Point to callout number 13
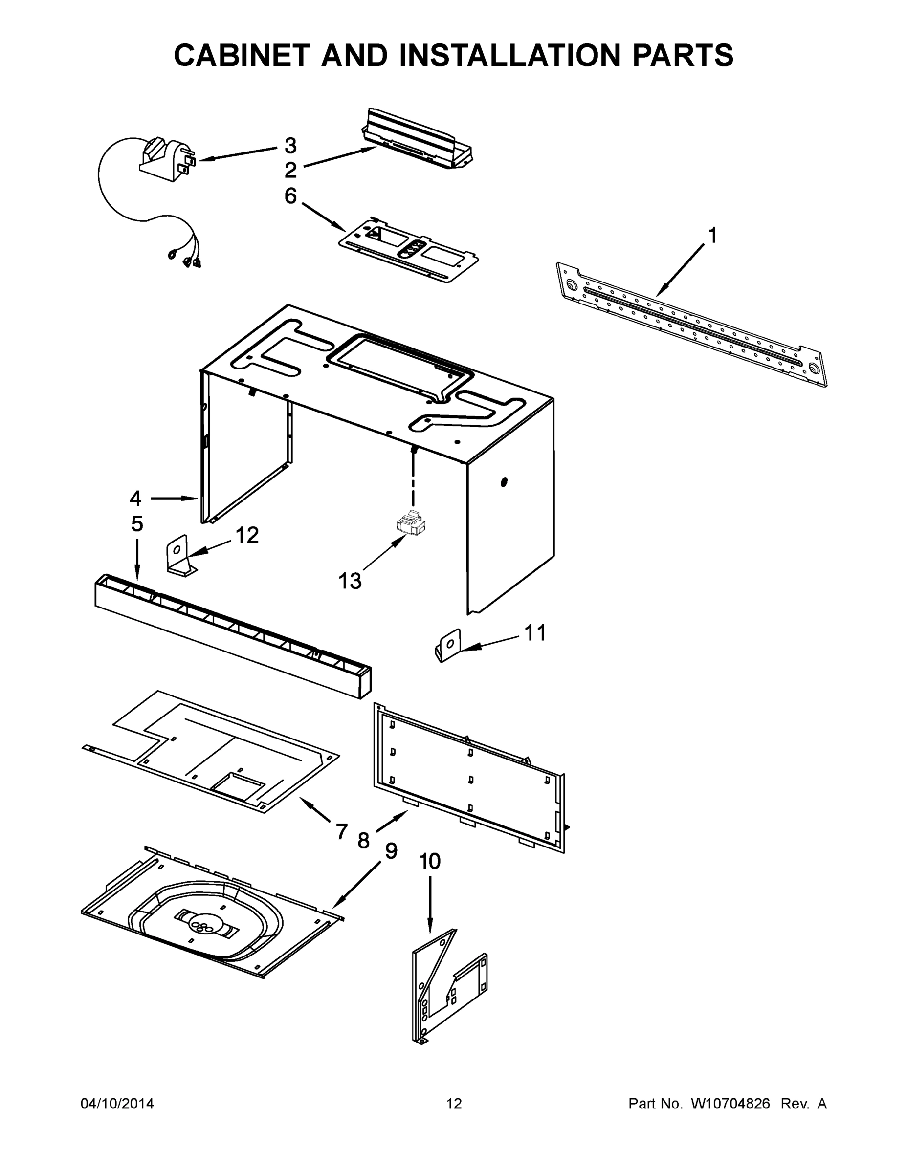(350, 581)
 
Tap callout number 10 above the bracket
(430, 862)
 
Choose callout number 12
(247, 535)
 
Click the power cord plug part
(167, 158)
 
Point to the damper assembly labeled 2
(419, 140)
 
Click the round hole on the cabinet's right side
(504, 482)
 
